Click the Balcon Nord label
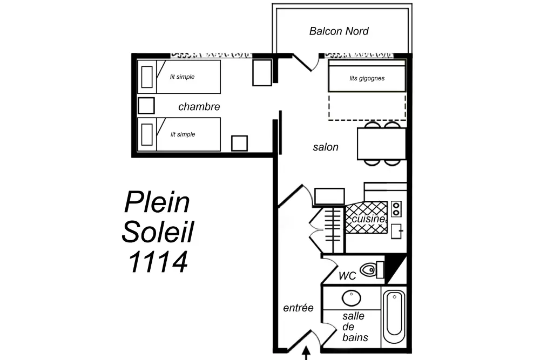339,31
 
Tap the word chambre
199,107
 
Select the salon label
326,147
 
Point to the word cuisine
368,219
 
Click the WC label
347,276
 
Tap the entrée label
298,308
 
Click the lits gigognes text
367,78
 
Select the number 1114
158,262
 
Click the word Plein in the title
157,203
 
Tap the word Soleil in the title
158,232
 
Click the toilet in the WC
370,269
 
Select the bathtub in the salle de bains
394,317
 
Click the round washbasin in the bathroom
352,298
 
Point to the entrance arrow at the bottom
306,354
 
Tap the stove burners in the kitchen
396,208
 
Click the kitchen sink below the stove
396,230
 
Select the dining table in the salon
381,144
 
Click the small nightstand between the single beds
146,105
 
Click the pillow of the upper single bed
147,77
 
